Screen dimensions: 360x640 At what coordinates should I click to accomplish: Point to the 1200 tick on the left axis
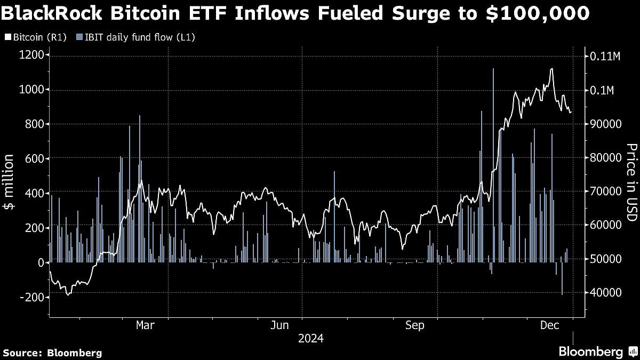33,55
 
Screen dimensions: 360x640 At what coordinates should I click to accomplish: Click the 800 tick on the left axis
36,124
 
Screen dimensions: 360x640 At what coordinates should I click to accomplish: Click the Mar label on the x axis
145,325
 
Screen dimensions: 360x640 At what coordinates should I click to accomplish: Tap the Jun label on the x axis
279,325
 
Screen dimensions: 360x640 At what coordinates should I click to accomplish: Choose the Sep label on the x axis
414,325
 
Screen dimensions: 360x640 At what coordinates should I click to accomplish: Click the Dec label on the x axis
549,325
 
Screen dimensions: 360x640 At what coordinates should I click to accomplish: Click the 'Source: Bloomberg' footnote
52,353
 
